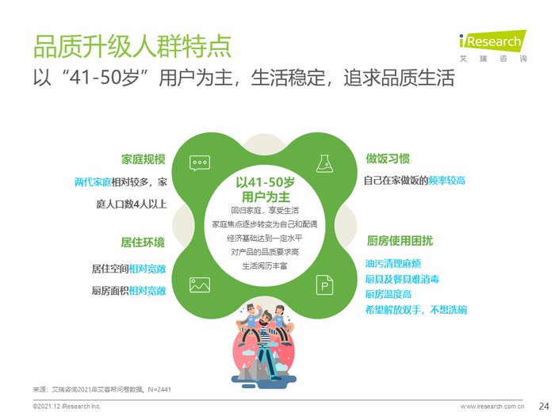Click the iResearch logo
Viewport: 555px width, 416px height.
tap(492, 46)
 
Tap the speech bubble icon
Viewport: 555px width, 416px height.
tap(200, 163)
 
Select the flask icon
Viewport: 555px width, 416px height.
tap(324, 163)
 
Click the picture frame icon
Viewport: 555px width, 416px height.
tap(200, 284)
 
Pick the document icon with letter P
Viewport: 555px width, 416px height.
tap(324, 284)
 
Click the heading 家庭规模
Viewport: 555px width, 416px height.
tap(144, 159)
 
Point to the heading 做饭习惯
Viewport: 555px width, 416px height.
tap(388, 158)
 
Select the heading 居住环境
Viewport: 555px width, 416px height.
tap(143, 242)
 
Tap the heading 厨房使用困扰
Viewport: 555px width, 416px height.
tap(400, 241)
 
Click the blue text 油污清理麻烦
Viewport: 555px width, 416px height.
tap(393, 264)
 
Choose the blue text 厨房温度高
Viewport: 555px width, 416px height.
tap(388, 294)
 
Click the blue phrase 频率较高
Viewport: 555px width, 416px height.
tap(446, 181)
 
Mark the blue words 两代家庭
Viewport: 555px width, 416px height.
tap(93, 182)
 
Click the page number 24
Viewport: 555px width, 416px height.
tap(544, 406)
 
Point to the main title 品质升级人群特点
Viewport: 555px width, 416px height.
tap(132, 46)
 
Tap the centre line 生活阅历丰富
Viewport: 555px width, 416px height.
tap(265, 266)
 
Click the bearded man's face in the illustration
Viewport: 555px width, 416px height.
tap(264, 319)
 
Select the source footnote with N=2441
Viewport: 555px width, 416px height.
tap(102, 390)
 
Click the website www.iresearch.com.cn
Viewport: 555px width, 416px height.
tap(492, 406)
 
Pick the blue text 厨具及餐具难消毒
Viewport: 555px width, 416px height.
tap(402, 279)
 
